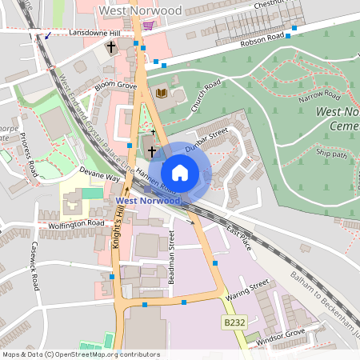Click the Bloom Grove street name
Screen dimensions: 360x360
(116, 84)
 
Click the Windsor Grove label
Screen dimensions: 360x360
(284, 333)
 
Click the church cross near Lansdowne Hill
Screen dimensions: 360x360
(111, 47)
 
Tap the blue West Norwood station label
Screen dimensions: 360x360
(148, 200)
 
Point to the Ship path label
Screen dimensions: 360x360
(331, 153)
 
